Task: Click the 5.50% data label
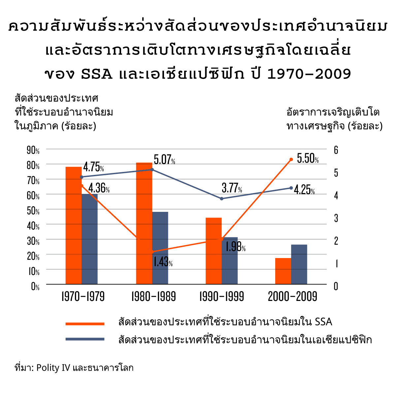click(308, 159)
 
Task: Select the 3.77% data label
click(232, 188)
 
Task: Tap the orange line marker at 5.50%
click(291, 159)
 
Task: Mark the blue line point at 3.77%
click(221, 199)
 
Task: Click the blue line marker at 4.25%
click(291, 188)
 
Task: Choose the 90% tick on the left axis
click(33, 150)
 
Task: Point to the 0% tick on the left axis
click(35, 286)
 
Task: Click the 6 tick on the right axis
click(336, 150)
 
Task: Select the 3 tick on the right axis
click(336, 218)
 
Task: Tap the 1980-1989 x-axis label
click(153, 296)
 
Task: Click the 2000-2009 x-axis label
click(292, 296)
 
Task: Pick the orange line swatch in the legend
click(85, 324)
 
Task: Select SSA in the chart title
click(97, 74)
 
